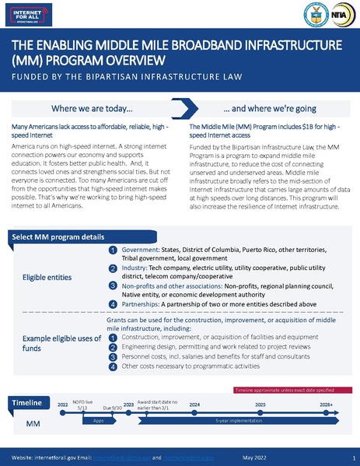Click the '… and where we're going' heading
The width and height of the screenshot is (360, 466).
(x=260, y=110)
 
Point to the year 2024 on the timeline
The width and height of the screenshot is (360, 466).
(x=195, y=405)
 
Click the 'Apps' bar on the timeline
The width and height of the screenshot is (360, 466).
(x=99, y=419)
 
